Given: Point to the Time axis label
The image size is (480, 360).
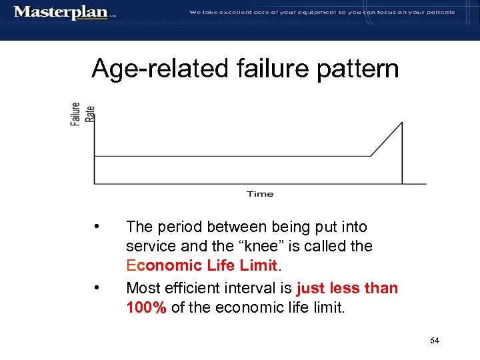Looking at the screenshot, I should (x=260, y=194).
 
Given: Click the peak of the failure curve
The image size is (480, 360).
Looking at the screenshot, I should (x=402, y=122).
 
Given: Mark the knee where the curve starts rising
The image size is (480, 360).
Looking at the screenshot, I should (x=371, y=156).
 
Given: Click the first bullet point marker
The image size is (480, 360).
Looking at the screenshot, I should (x=98, y=227).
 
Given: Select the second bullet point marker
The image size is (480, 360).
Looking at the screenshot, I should (x=98, y=288).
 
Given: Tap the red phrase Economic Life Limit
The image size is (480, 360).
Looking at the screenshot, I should (x=201, y=265).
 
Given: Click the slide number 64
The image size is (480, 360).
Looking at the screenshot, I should (x=435, y=341).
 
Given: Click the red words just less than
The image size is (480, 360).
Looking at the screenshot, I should (x=347, y=288).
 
